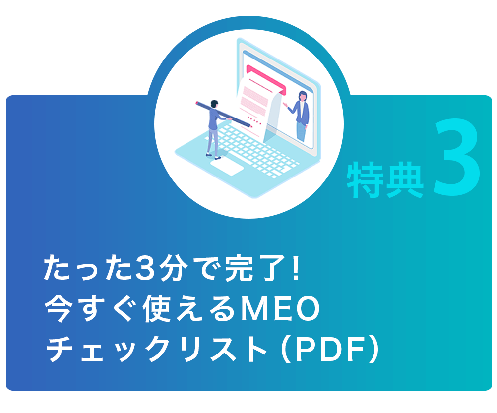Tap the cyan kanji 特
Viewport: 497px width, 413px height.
(x=365, y=179)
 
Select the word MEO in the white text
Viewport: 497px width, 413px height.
(x=280, y=309)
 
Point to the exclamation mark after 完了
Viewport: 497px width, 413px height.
(x=296, y=269)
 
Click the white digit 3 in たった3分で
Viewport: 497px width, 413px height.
(x=145, y=269)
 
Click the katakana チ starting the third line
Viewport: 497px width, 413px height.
(x=60, y=350)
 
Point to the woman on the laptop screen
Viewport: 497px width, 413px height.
(x=300, y=116)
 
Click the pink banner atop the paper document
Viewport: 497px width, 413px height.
(x=266, y=79)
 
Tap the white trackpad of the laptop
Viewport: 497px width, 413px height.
(x=227, y=167)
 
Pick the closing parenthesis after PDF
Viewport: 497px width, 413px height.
(x=374, y=350)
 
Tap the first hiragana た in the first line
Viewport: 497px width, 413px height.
(x=57, y=269)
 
